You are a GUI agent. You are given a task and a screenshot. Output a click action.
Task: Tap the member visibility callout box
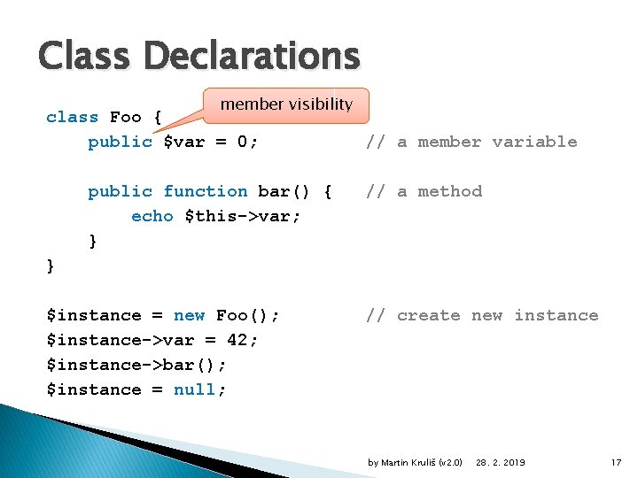(x=286, y=104)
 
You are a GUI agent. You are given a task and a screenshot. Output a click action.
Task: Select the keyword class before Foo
(x=73, y=117)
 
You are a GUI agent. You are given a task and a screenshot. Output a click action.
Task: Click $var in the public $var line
(x=184, y=142)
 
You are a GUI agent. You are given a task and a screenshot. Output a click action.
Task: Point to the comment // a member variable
(x=471, y=142)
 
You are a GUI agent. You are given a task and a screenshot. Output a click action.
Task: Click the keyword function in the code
(x=206, y=191)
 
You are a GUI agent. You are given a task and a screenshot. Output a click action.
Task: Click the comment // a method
(x=424, y=191)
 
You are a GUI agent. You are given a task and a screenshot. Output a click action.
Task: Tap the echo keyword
(x=152, y=216)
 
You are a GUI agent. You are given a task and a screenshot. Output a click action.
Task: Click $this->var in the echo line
(x=242, y=216)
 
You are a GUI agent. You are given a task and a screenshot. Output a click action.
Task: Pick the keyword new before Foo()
(x=190, y=315)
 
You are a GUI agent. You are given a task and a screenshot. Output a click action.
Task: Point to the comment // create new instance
(x=482, y=315)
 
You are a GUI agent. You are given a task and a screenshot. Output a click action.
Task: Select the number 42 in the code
(x=237, y=340)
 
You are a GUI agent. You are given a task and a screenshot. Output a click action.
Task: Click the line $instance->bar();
(x=136, y=365)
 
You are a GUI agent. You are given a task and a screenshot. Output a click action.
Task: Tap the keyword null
(x=199, y=389)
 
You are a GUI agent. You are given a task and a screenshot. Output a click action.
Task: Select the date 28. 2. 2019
(x=501, y=462)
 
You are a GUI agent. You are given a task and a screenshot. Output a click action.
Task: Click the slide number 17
(x=617, y=462)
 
